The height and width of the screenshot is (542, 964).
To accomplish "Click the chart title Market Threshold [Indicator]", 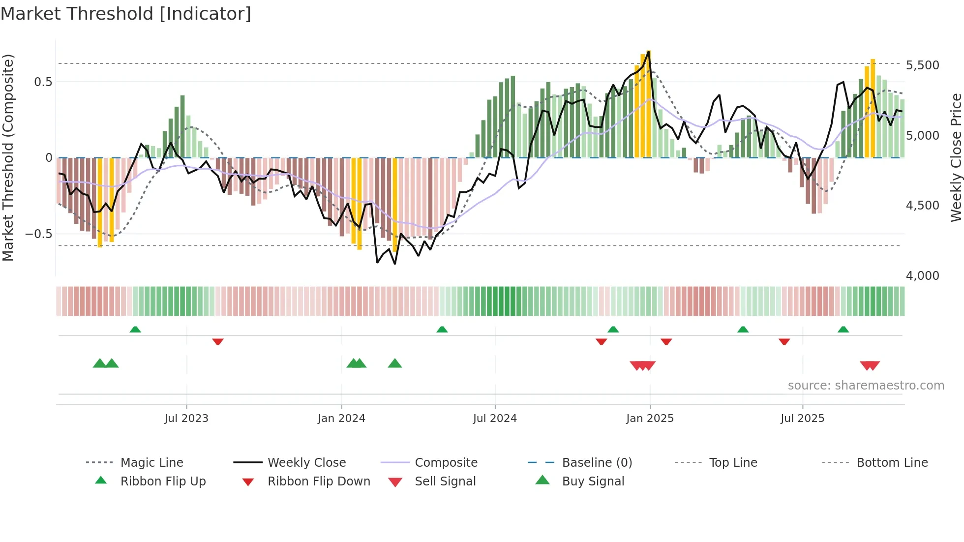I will [x=126, y=14].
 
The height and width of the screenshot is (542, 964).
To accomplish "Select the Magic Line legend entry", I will [x=151, y=462].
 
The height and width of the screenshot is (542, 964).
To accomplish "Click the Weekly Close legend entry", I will [x=306, y=462].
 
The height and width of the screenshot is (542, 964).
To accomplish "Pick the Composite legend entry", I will [x=446, y=462].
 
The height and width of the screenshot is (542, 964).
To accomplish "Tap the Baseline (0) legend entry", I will [x=597, y=462].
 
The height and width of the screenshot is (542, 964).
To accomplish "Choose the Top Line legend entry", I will [x=733, y=462].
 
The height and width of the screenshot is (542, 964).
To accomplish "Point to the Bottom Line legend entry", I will [x=892, y=462].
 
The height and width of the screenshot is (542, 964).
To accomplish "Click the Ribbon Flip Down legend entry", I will [x=318, y=481].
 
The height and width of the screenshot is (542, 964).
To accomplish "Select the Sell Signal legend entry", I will [x=445, y=481].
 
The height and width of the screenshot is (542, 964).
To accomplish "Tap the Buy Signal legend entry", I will [x=593, y=481].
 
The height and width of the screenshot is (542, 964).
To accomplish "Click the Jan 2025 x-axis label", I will [x=650, y=418].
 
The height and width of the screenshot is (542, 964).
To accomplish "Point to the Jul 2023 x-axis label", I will [x=186, y=418].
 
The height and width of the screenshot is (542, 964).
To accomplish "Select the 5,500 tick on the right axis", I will [x=922, y=65].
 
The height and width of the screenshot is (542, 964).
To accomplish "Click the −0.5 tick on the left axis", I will [x=38, y=234].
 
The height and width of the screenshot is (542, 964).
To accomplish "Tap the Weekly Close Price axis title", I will [x=956, y=157].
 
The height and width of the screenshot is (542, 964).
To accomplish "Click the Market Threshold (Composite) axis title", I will [x=8, y=157].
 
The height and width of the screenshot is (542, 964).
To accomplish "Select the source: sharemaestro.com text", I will [x=866, y=385].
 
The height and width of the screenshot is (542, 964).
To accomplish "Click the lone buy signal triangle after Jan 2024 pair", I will [x=395, y=363].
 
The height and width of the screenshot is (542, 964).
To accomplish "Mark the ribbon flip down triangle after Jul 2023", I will [x=218, y=341].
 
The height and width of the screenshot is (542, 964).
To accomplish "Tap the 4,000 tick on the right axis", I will [x=922, y=275].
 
